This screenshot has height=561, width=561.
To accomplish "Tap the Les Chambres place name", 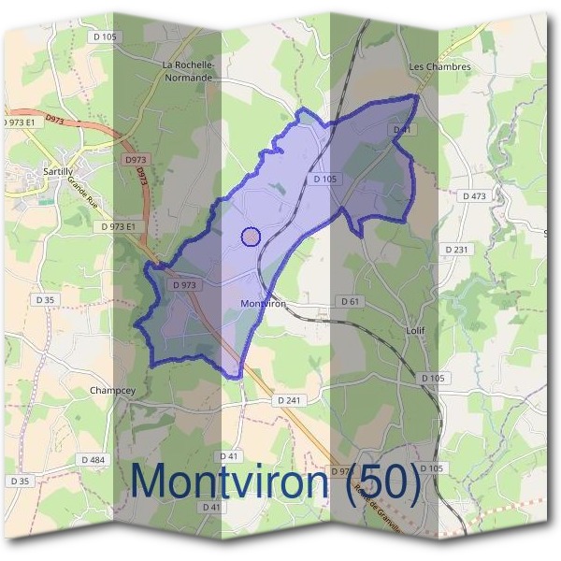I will [x=439, y=67].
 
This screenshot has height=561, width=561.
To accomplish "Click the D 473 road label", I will [x=475, y=196].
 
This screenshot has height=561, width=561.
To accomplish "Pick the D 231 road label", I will [x=456, y=250].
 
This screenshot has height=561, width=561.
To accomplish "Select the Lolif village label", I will [x=416, y=330].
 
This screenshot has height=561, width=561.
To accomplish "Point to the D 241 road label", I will [x=291, y=399].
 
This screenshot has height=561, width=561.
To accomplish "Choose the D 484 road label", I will [x=93, y=459].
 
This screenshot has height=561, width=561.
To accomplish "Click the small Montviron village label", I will [x=262, y=304].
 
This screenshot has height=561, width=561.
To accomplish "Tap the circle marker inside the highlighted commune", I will [x=251, y=237].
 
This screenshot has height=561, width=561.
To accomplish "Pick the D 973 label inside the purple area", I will [x=184, y=284].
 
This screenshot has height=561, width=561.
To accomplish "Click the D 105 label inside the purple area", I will [x=325, y=179].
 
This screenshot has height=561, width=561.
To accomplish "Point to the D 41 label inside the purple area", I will [x=403, y=129].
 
